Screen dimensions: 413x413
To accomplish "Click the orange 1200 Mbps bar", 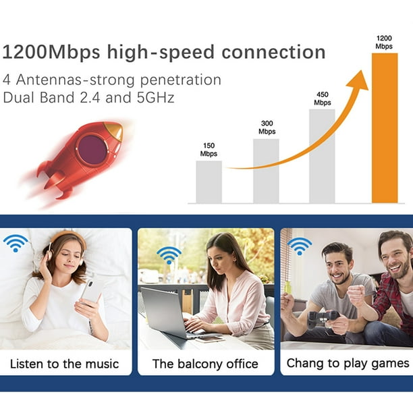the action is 385,128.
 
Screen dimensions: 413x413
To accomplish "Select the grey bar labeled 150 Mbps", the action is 209,182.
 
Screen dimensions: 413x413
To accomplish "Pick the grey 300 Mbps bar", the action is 266,171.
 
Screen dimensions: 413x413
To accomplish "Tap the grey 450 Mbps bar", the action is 322,156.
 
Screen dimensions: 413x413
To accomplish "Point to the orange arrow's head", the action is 359,80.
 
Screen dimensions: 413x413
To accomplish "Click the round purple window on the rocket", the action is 92,149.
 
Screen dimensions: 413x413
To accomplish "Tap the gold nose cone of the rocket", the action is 115,130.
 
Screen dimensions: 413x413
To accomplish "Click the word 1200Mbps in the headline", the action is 51,52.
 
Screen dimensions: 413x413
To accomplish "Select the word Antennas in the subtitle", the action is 49,80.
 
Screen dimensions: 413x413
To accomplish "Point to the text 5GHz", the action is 155,97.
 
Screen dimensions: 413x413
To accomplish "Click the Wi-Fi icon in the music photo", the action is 16,243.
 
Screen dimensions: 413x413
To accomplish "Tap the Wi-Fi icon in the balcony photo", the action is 169,256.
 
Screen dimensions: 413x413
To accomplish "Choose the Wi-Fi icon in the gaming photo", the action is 300,246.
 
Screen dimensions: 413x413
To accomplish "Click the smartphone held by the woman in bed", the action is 90,291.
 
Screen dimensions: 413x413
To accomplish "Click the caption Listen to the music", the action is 64,364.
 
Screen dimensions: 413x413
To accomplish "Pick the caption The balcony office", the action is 205,364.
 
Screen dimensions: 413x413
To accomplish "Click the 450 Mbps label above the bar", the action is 323,99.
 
